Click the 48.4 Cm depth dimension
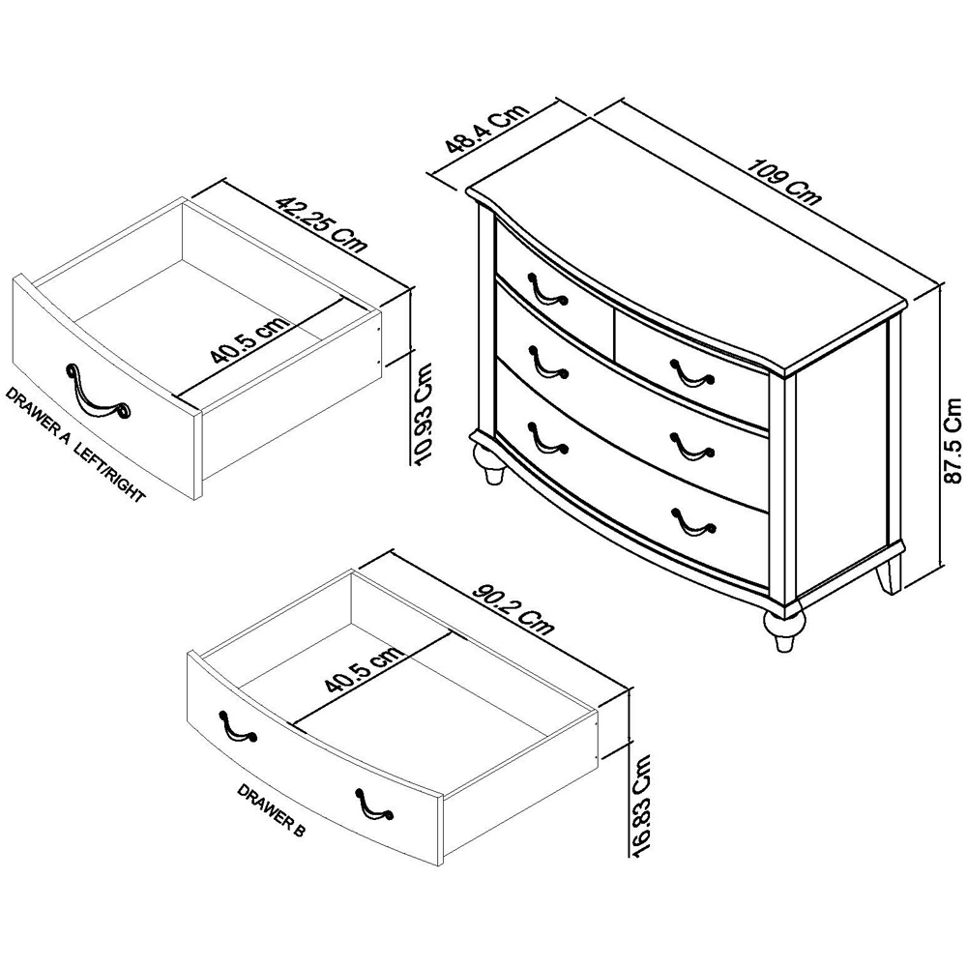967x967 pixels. (487, 130)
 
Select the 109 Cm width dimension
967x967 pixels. (784, 182)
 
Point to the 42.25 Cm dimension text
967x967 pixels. (321, 224)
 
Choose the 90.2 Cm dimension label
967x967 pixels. (513, 608)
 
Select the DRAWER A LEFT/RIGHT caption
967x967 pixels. (74, 444)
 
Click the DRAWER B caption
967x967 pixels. (271, 809)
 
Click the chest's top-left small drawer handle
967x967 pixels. (547, 289)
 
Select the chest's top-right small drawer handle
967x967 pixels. (692, 373)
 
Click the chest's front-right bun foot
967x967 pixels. (784, 628)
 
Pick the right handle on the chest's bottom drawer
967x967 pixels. (693, 522)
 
